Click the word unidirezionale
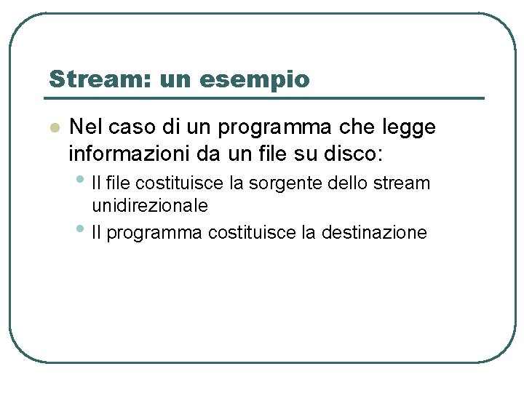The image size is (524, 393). pyautogui.click(x=150, y=206)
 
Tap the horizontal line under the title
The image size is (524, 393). pyautogui.click(x=265, y=98)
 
